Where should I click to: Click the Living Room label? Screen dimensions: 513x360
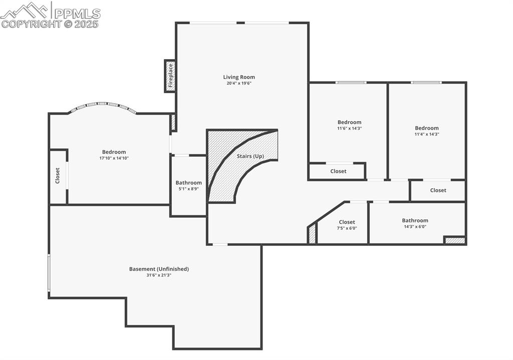[239, 77]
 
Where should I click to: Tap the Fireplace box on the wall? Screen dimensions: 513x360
[170, 76]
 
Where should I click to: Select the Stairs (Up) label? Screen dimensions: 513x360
[250, 156]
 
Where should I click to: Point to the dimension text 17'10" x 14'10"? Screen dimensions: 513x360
[114, 158]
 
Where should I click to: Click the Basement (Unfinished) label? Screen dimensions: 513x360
[159, 269]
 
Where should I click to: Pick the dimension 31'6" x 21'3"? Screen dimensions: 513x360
[159, 275]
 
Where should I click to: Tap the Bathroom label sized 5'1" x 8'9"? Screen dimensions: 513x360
[189, 183]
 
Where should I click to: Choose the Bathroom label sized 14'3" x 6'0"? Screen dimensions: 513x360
[415, 220]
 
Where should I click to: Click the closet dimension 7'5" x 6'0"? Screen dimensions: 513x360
[347, 228]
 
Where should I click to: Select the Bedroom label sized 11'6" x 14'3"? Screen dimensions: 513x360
[349, 122]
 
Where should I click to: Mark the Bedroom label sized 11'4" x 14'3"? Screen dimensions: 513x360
[427, 128]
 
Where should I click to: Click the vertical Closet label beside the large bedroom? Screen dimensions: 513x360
[58, 176]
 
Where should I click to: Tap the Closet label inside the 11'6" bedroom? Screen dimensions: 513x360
[338, 171]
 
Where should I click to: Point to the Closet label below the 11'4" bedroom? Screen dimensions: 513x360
[438, 190]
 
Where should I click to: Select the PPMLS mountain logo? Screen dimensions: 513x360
[25, 11]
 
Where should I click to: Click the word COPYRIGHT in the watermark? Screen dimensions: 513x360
[32, 24]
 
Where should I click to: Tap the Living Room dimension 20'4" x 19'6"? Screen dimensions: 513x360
[239, 84]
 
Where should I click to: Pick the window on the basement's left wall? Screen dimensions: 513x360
[49, 273]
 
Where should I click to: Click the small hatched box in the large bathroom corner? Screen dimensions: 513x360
[454, 240]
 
